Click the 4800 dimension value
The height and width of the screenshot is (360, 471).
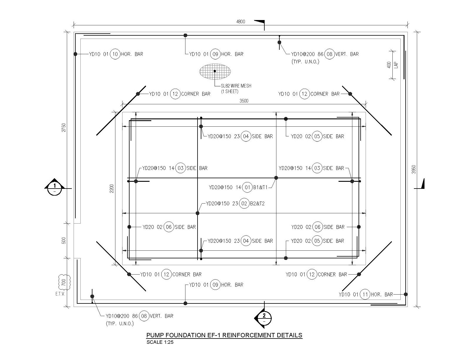[x=241, y=22]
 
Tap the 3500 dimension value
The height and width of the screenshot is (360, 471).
[x=244, y=101]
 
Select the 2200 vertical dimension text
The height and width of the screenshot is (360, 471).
[x=112, y=189]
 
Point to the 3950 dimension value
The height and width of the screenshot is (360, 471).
[x=414, y=169]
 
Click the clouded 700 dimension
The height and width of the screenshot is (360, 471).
[x=64, y=282]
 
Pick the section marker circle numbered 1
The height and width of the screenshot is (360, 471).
[x=54, y=188]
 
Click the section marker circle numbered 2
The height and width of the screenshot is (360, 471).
[x=264, y=318]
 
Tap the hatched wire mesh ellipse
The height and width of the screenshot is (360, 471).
[x=215, y=72]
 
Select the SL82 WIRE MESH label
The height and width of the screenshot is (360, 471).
[x=236, y=86]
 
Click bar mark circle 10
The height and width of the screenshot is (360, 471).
[x=115, y=54]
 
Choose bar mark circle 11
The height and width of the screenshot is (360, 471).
[x=365, y=295]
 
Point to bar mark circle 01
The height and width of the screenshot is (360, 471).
[x=247, y=187]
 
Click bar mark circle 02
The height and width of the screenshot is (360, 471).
[x=244, y=204]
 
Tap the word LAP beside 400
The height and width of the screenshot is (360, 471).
[x=396, y=65]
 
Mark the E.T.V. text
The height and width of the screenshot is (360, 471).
[x=60, y=294]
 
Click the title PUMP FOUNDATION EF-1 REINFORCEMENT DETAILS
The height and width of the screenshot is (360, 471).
[x=224, y=335]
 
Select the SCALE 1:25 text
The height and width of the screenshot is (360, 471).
[x=160, y=342]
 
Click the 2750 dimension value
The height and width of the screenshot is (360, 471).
[x=64, y=128]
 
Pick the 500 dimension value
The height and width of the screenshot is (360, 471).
[x=64, y=241]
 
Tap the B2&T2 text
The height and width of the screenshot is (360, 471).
[x=257, y=204]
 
